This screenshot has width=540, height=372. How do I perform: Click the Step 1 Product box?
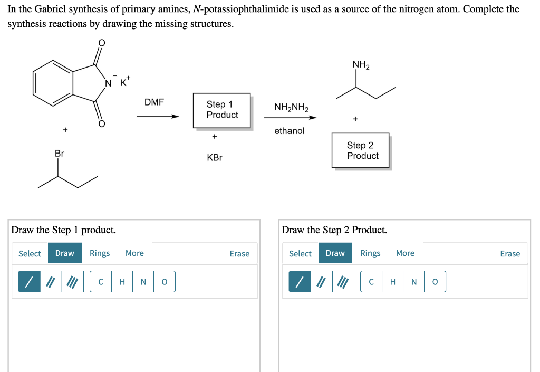222,110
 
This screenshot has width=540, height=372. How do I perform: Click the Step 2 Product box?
361,150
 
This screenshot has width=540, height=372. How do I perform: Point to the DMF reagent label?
154,102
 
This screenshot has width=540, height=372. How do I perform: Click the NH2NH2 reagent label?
291,108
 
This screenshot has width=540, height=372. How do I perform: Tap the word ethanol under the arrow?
289,131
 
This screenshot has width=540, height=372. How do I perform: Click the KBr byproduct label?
215,158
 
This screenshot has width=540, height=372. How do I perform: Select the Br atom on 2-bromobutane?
59,154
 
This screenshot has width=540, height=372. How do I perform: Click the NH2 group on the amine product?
361,65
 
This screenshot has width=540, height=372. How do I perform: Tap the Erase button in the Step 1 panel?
239,254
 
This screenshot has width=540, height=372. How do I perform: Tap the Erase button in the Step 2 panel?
510,254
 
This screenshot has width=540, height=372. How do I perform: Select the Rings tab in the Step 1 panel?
100,253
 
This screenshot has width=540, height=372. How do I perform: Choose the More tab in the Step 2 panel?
405,253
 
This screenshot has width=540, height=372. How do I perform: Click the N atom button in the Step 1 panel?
143,282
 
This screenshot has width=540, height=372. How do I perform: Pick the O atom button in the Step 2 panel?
435,282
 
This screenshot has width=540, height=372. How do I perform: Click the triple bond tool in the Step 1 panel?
72,282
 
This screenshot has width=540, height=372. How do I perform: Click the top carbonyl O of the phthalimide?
102,42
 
